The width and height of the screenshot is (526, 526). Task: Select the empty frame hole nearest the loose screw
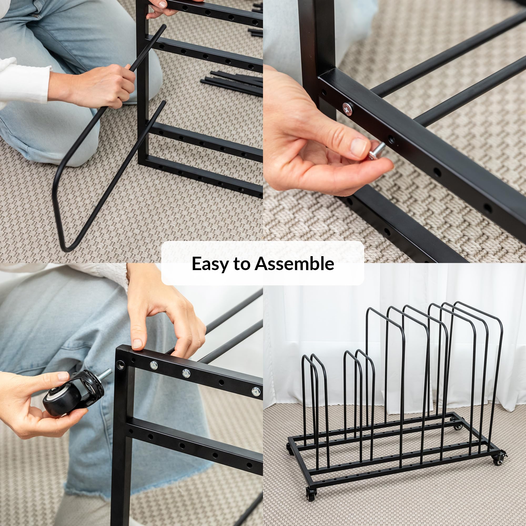(x=391, y=139)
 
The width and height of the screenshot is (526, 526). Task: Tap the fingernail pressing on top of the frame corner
(x=137, y=343)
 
